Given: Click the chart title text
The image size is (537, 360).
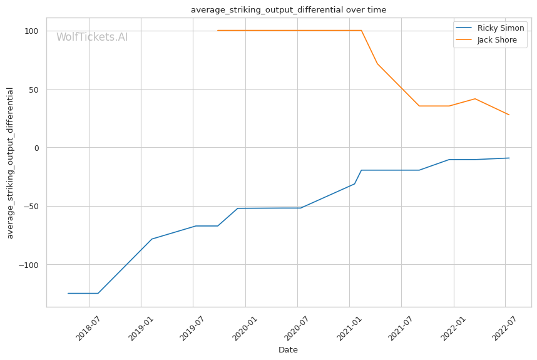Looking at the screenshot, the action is coord(289,9).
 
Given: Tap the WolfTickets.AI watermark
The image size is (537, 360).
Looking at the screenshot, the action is coord(92,37).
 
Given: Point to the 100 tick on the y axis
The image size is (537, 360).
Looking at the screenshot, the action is coord(31,31).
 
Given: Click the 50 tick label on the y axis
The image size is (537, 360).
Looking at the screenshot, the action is coord(34,90).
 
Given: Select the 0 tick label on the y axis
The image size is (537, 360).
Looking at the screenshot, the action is coord(36,148).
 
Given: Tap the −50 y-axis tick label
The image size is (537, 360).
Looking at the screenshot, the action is coord(31,207).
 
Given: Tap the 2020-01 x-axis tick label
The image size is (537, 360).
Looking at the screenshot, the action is coord(244,328).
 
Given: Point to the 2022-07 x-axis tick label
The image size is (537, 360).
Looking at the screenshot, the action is coord(504,328).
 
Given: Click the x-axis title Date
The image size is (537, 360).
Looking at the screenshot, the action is coord(288,350).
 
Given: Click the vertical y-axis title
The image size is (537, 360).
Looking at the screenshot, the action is coord(10,163).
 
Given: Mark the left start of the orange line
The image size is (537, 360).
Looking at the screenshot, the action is coord(217,31).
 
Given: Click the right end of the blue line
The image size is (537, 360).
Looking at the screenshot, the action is coord(509,158).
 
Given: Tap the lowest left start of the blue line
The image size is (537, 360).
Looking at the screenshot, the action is coord(68,293).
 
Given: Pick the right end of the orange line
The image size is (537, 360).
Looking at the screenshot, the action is coord(509,115).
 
